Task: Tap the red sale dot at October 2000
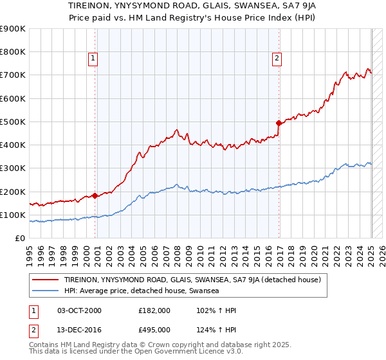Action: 95,195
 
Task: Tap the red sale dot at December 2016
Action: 279,122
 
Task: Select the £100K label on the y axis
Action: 13,215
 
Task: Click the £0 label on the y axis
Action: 19,238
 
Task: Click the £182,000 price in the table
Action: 154,310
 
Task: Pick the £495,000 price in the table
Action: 154,329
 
